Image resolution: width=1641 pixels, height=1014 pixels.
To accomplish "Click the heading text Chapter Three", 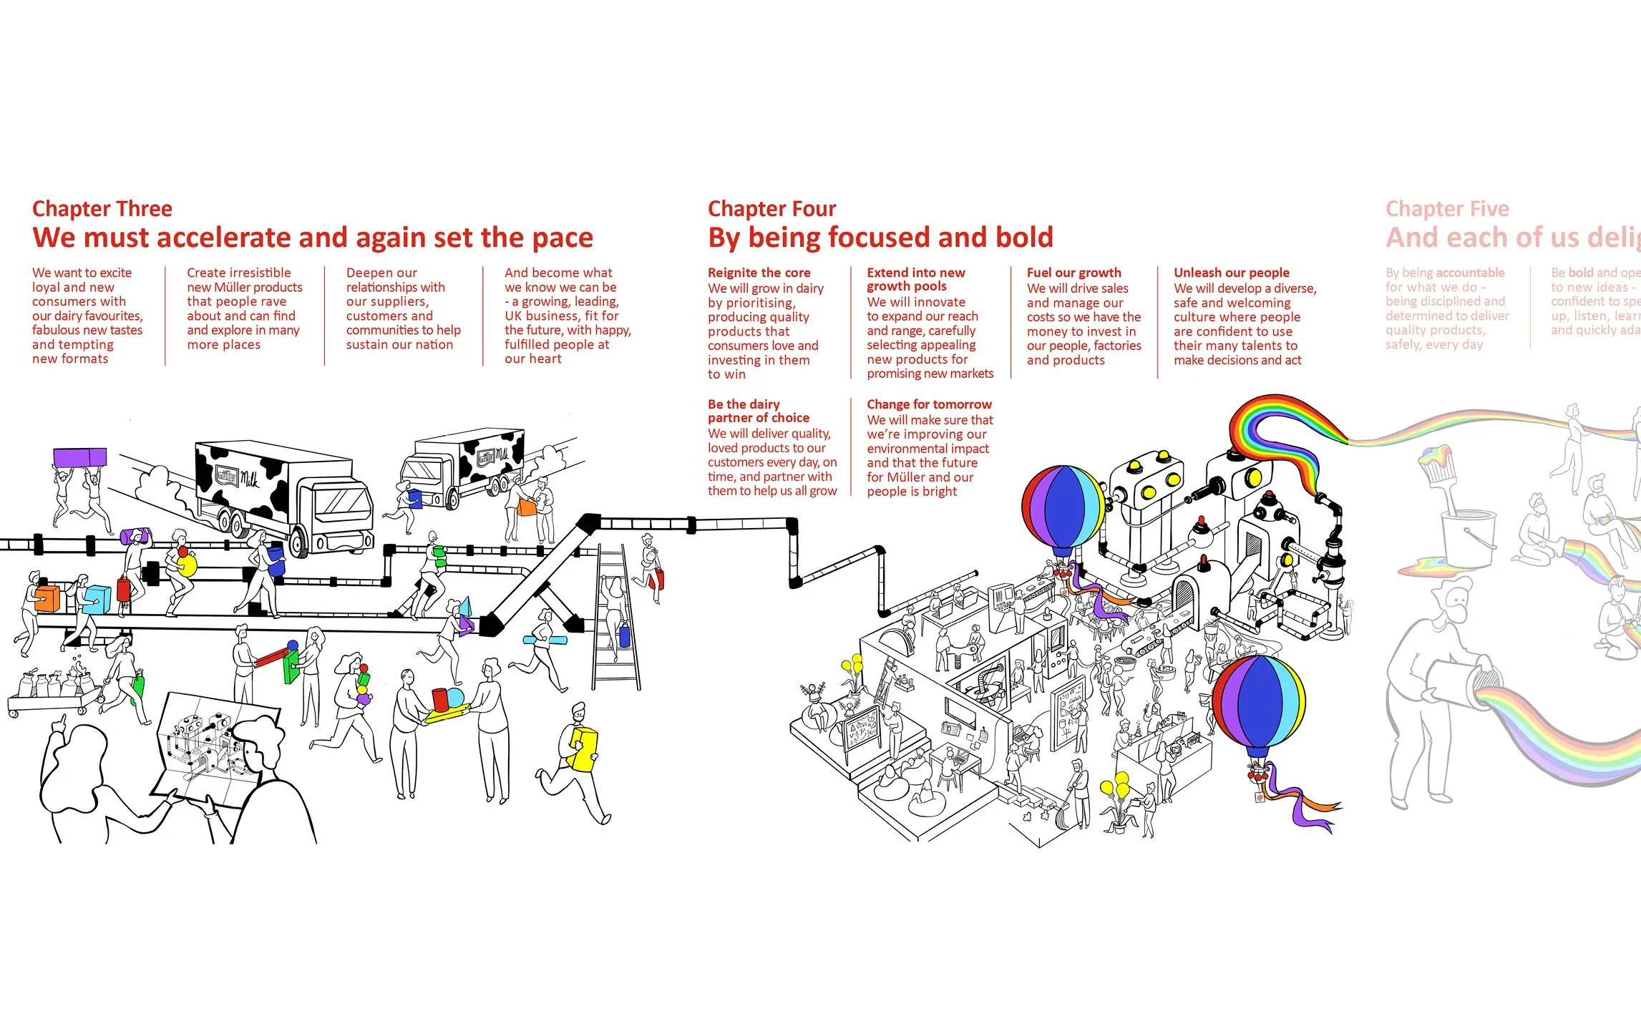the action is pos(102,209).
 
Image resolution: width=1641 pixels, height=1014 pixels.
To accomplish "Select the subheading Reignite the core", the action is pos(759,273).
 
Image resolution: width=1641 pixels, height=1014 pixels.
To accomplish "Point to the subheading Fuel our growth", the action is pos(1073,273).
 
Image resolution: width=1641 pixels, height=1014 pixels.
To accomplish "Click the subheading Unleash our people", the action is pos(1231,273).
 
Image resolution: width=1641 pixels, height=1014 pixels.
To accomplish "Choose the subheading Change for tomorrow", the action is pos(929,404).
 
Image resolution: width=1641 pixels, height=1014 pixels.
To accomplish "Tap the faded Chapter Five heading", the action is pos(1447,209).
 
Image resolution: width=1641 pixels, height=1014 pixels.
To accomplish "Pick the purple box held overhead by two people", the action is pos(79,457).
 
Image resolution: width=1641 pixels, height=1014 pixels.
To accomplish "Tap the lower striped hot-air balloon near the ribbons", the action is pos(1259,703).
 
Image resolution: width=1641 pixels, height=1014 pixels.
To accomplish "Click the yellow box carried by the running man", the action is pos(582,749).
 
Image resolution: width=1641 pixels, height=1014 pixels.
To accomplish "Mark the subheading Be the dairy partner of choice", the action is pos(758,411).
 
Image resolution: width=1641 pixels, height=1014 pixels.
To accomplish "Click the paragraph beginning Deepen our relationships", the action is pos(403,308).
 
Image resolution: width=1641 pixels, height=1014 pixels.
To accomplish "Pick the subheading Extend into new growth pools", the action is pos(915,279).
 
